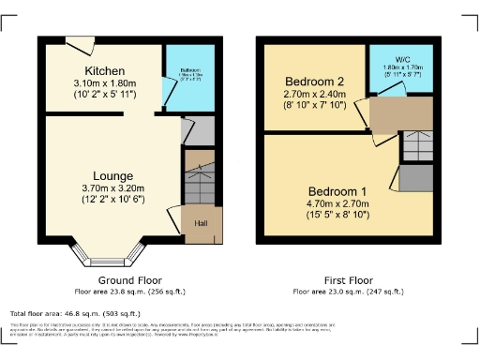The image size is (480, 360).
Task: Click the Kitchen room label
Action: point(99,71)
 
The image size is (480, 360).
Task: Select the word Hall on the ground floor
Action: point(202,223)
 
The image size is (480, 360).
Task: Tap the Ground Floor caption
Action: point(129,280)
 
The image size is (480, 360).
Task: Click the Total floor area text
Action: point(75,313)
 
